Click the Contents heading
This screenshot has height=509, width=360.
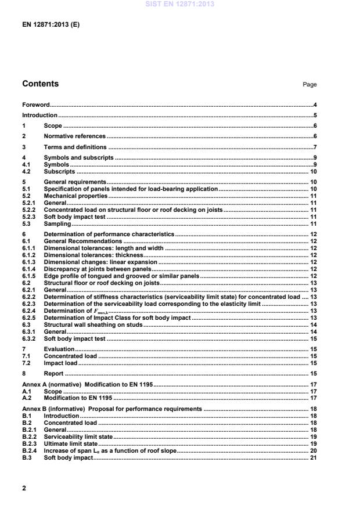pyautogui.click(x=40, y=84)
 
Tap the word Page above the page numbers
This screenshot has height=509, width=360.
pyautogui.click(x=309, y=85)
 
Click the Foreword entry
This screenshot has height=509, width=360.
pyautogui.click(x=35, y=105)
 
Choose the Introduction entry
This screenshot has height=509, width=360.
pyautogui.click(x=39, y=115)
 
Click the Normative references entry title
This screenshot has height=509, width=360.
pyautogui.click(x=75, y=136)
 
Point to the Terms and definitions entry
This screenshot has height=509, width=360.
pyautogui.click(x=75, y=147)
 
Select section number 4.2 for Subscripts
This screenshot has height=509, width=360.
pyautogui.click(x=27, y=172)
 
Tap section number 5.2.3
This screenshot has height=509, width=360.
pyautogui.click(x=29, y=217)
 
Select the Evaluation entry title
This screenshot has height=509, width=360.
pyautogui.click(x=59, y=349)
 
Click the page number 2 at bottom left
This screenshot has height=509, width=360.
pyautogui.click(x=24, y=488)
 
